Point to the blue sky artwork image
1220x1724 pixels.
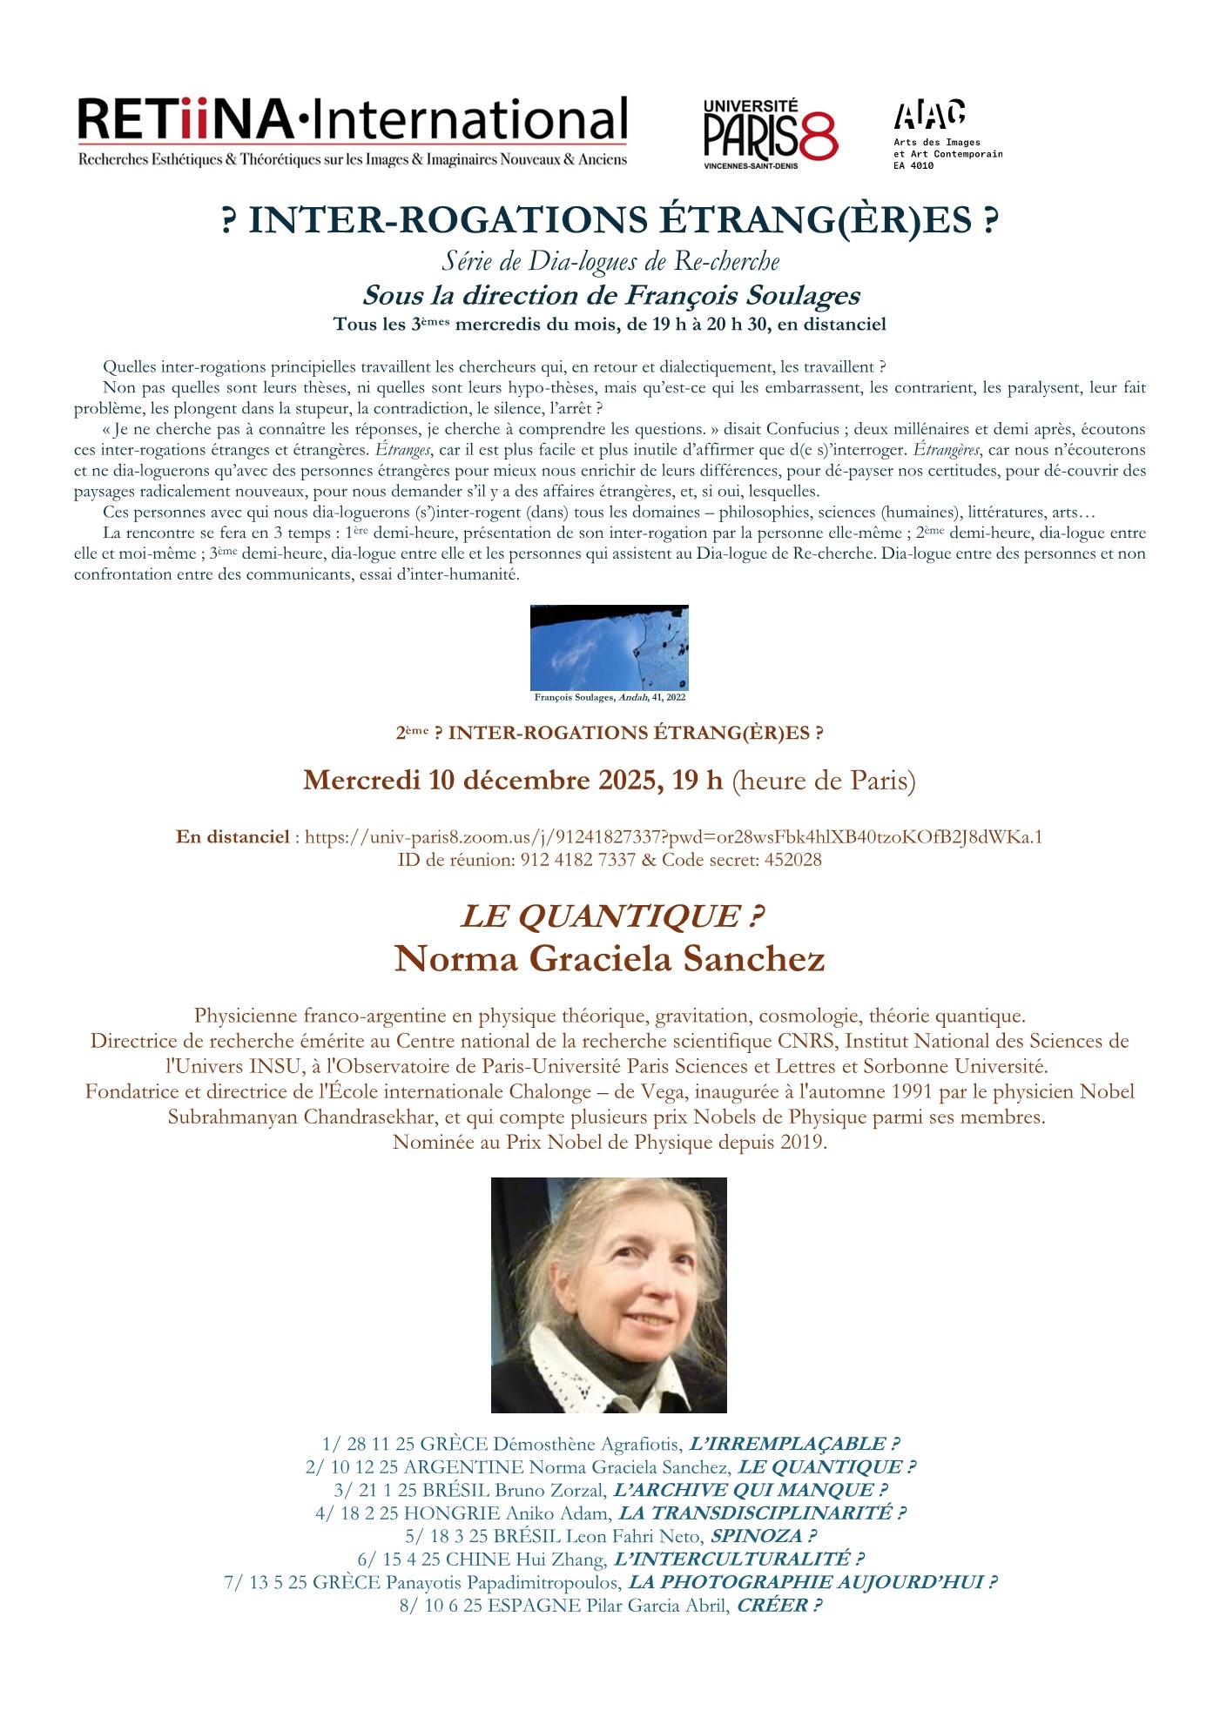pyautogui.click(x=609, y=647)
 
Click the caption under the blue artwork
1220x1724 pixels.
pyautogui.click(x=610, y=697)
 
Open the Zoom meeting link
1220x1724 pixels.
pyautogui.click(x=673, y=837)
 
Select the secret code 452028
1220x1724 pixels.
pyautogui.click(x=792, y=860)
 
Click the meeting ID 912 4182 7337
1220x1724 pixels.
pyautogui.click(x=578, y=860)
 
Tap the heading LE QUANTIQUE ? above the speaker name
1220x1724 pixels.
pyautogui.click(x=611, y=916)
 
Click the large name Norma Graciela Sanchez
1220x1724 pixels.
pyautogui.click(x=610, y=959)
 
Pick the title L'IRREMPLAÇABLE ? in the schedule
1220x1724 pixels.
pyautogui.click(x=793, y=1444)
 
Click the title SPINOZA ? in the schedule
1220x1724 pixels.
pyautogui.click(x=763, y=1536)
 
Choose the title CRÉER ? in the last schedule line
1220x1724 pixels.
pyautogui.click(x=779, y=1605)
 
